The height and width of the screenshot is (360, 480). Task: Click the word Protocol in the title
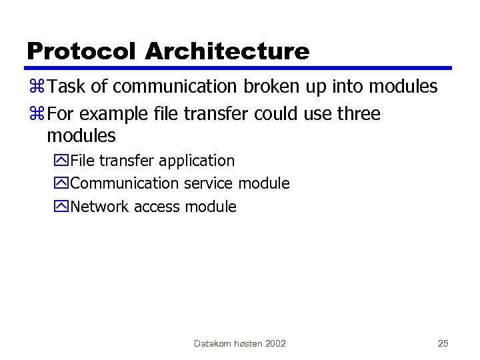[x=82, y=51]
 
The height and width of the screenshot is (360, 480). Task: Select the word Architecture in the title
[x=227, y=51]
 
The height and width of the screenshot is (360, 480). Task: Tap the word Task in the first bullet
[x=63, y=87]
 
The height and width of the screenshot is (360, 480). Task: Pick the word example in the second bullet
[x=110, y=114]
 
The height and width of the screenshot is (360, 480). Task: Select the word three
[x=358, y=114]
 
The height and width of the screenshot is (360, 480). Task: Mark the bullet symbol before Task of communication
[x=37, y=87]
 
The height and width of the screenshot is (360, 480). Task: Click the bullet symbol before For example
[x=37, y=115]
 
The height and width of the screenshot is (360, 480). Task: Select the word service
[x=209, y=183]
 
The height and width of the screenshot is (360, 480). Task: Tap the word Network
[x=99, y=207]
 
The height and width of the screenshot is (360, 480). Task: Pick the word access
[x=157, y=207]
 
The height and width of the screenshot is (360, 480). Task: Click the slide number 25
[x=443, y=343]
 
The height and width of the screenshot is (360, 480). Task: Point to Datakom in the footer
[x=211, y=343]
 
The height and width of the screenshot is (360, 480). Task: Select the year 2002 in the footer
[x=275, y=343]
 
